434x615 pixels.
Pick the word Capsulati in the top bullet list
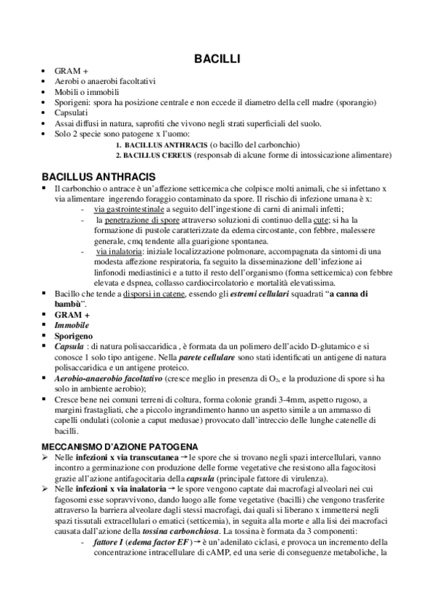pos(71,113)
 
